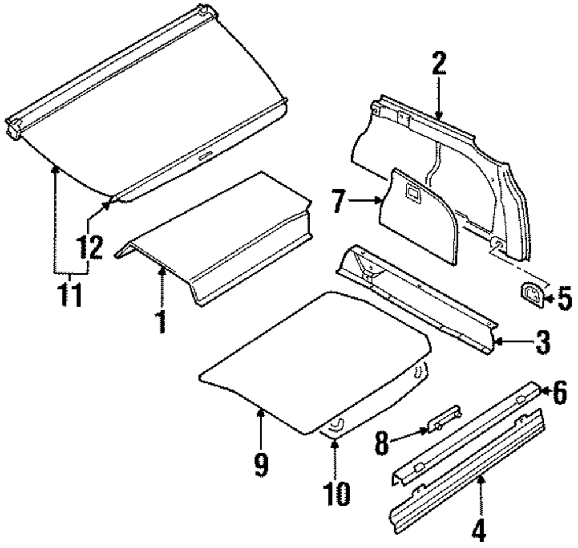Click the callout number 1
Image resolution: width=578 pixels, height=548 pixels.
point(161,320)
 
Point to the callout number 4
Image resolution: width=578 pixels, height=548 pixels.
point(480,530)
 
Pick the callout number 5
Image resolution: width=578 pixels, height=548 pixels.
point(564,299)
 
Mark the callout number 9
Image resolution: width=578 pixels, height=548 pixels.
point(261,465)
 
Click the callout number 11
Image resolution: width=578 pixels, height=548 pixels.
point(70,293)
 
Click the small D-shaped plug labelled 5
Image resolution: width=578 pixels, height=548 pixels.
point(531,294)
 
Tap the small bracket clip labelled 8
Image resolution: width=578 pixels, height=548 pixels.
point(443,418)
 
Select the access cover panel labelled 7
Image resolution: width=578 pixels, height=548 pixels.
point(416,219)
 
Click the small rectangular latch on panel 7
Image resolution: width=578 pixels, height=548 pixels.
point(413,192)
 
